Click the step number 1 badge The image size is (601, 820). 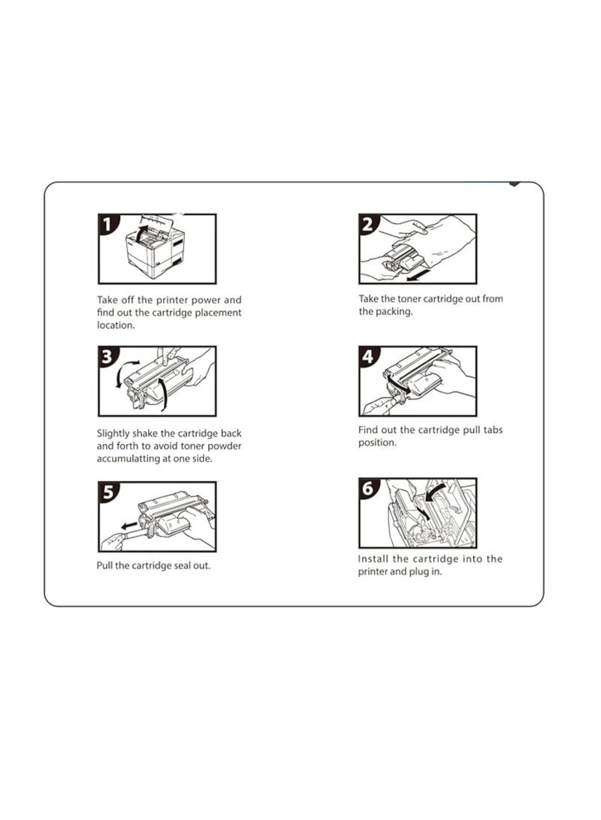107,224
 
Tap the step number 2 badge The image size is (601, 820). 368,224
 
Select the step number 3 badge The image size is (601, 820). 107,356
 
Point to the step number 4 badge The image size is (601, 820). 368,356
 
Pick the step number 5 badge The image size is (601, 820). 107,492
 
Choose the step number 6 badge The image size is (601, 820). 368,489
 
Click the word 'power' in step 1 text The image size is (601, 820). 205,300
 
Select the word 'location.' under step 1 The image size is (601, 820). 116,325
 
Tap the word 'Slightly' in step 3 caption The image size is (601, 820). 113,434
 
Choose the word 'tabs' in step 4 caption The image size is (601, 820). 493,430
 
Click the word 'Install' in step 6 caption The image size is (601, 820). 373,559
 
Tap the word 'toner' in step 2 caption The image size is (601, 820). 409,299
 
